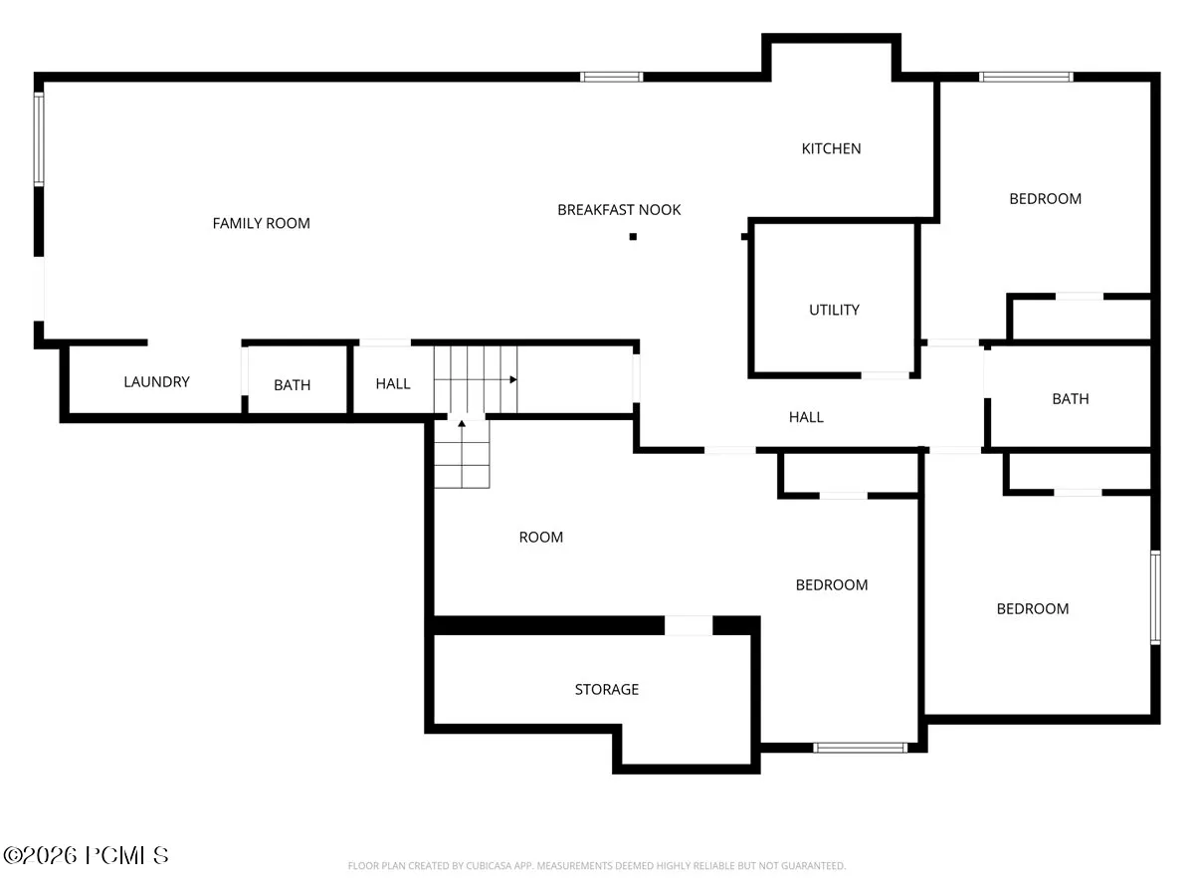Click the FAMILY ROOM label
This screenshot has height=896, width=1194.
point(261,223)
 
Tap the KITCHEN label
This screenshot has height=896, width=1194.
point(831,148)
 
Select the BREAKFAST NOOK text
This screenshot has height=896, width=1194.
point(619,209)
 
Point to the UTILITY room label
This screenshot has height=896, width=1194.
point(834,310)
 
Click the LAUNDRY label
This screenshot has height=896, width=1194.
point(156,381)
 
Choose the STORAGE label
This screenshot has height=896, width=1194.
point(607,689)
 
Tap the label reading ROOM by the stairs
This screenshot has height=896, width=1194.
point(540,537)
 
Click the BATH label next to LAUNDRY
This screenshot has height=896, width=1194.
point(293,384)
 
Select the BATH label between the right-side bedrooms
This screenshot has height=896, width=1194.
point(1071,399)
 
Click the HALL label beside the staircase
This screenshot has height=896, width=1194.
point(393,383)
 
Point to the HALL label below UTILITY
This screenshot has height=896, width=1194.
point(806,417)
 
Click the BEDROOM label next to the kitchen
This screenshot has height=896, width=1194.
point(1045,198)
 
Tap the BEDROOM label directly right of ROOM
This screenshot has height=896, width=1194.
point(832,584)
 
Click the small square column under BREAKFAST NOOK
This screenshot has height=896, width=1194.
point(633,237)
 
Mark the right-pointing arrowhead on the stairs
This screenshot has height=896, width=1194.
point(513,379)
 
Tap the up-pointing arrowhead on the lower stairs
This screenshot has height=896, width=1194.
point(462,423)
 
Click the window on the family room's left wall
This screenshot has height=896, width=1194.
point(39,139)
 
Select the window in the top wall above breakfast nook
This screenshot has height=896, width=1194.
point(611,77)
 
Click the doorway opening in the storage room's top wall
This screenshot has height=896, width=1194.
point(689,625)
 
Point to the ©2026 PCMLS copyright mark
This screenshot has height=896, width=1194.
point(86,856)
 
